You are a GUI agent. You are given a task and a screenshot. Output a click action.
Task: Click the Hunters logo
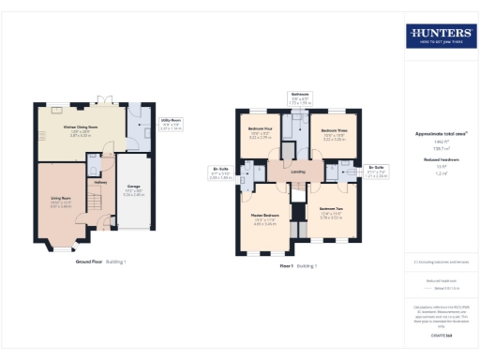[x=440, y=37]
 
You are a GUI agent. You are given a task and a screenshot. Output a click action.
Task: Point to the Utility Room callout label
[x=170, y=122]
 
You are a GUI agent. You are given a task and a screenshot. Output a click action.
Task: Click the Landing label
[x=298, y=172]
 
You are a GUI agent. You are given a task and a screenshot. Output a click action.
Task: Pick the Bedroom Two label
[x=332, y=210]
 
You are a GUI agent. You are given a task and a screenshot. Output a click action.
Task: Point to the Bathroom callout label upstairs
[x=300, y=96]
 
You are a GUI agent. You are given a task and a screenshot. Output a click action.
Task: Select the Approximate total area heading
[x=439, y=134]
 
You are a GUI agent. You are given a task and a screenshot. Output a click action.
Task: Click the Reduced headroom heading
[x=439, y=160]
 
